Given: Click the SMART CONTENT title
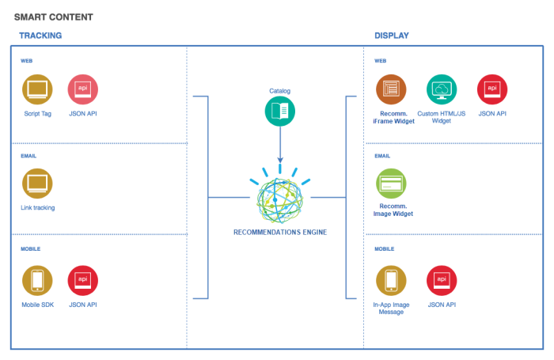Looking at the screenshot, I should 53,17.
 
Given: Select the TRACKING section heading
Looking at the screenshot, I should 40,36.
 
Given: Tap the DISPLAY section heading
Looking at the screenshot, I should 392,36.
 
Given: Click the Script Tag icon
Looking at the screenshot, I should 37,89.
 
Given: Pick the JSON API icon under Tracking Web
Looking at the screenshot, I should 82,89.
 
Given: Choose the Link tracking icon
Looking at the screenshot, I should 37,184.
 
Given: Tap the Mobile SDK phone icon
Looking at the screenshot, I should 37,280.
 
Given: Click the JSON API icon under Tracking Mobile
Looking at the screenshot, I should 82,280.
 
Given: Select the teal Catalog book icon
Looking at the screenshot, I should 279,112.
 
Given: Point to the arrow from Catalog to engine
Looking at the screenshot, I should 279,146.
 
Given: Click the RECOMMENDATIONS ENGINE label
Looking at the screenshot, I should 279,233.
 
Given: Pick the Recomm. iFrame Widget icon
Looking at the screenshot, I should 390,89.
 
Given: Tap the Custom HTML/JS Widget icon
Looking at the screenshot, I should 442,89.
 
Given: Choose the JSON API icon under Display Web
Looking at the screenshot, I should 492,89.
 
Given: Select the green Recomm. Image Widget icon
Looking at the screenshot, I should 390,184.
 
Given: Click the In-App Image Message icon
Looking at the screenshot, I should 390,280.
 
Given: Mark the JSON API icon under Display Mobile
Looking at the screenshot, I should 441,280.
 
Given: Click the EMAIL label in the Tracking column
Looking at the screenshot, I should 28,156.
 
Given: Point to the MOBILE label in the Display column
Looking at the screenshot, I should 385,248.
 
